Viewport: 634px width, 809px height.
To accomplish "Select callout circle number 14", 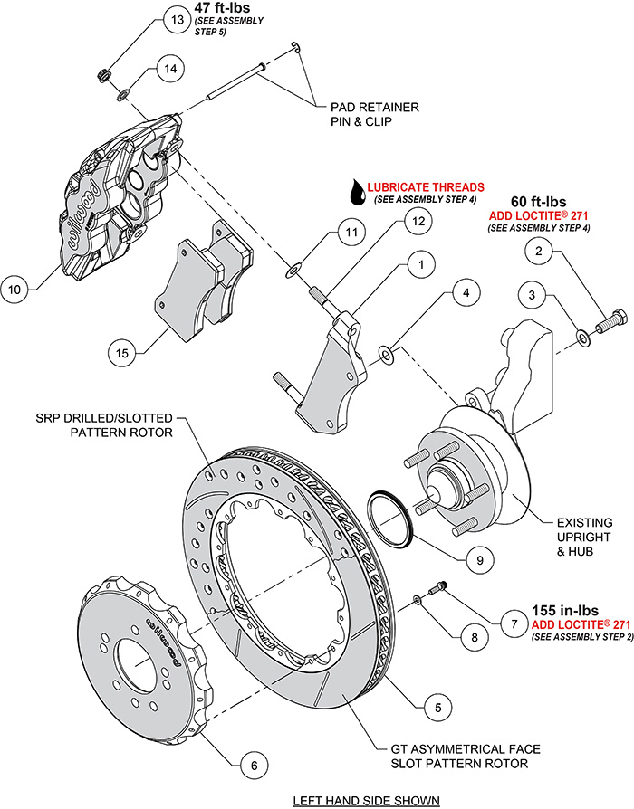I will pyautogui.click(x=171, y=67).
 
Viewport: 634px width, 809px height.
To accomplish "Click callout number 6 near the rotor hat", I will pyautogui.click(x=254, y=766).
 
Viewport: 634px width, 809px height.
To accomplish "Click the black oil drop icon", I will pyautogui.click(x=360, y=191).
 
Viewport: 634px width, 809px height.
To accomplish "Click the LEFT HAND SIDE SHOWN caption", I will pyautogui.click(x=367, y=800).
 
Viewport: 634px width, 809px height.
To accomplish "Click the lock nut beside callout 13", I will pyautogui.click(x=104, y=71).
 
